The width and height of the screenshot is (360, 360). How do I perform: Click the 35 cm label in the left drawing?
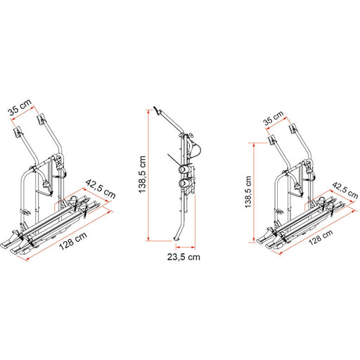pos(20,108)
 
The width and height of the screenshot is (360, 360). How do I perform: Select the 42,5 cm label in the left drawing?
pos(101,189)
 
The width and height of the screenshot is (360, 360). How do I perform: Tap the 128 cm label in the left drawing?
pos(73,241)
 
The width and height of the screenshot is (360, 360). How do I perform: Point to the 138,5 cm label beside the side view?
pos(142,174)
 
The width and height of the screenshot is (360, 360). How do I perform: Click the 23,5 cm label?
pos(184,257)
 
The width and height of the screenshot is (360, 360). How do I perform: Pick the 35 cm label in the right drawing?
pos(274,118)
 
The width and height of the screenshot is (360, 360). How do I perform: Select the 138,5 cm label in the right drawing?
pos(248,192)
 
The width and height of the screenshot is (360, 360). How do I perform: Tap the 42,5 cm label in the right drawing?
pos(345,191)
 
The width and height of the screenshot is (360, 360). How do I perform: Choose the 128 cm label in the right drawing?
pos(321,237)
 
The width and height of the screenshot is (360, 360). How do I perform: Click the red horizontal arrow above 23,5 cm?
pos(186,247)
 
